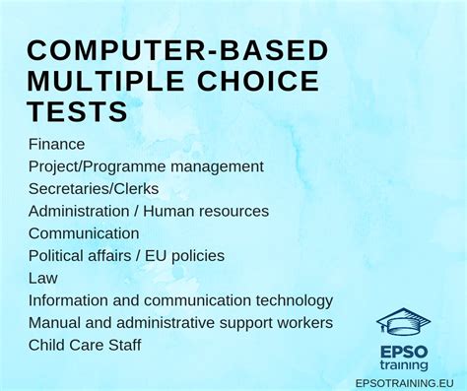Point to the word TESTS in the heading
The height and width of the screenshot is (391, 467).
point(78,112)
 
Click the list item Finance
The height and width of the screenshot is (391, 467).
point(57,144)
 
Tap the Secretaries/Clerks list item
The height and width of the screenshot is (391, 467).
point(94,188)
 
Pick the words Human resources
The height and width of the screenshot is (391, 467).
point(206,211)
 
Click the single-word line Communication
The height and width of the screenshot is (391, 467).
point(84,233)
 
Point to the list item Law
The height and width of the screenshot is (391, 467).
point(43,278)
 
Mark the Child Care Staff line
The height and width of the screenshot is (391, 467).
point(85,346)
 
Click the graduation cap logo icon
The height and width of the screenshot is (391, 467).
point(403,321)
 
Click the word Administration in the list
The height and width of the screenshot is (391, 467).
point(82,211)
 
